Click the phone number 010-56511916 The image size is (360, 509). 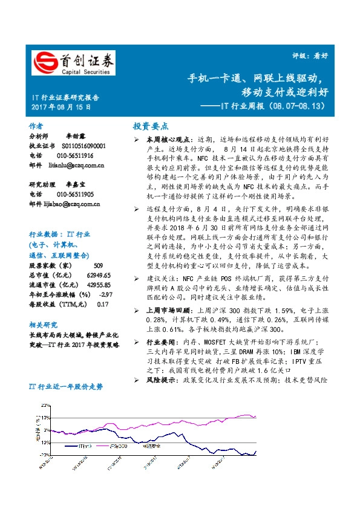point(76,155)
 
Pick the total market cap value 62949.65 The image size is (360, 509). point(99,275)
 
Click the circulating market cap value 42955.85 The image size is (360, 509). point(99,285)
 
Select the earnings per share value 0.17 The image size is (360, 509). point(102,304)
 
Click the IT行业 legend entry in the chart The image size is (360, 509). point(85,446)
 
